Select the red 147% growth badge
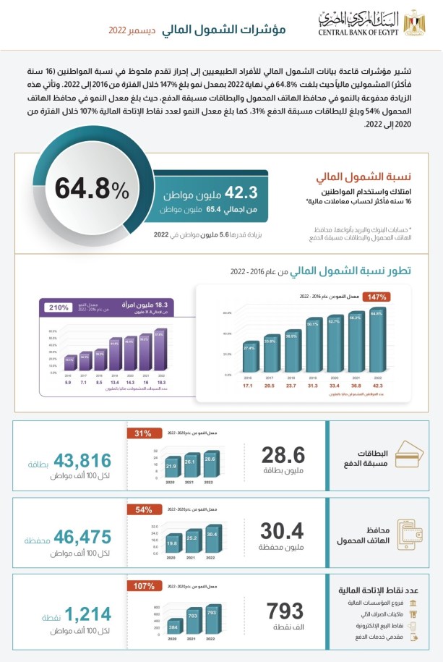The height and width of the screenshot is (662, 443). [x=379, y=297]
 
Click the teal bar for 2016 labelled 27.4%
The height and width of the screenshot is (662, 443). [x=250, y=356]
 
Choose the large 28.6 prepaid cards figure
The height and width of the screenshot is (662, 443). [x=283, y=455]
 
